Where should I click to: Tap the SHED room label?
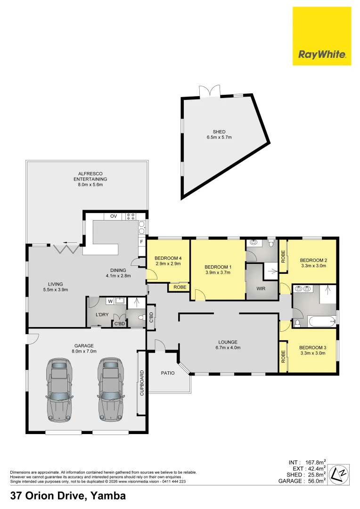click(x=219, y=132)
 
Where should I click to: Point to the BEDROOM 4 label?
click(x=168, y=258)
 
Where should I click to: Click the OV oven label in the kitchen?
click(x=114, y=216)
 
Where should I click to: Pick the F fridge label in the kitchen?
click(x=141, y=242)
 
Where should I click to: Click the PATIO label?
click(x=167, y=373)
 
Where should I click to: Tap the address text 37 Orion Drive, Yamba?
click(x=68, y=496)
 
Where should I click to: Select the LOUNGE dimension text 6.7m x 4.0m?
click(x=227, y=348)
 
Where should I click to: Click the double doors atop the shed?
click(x=210, y=91)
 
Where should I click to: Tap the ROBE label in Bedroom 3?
click(x=283, y=356)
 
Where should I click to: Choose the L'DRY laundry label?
click(x=102, y=314)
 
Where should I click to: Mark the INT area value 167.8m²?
click(x=315, y=462)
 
